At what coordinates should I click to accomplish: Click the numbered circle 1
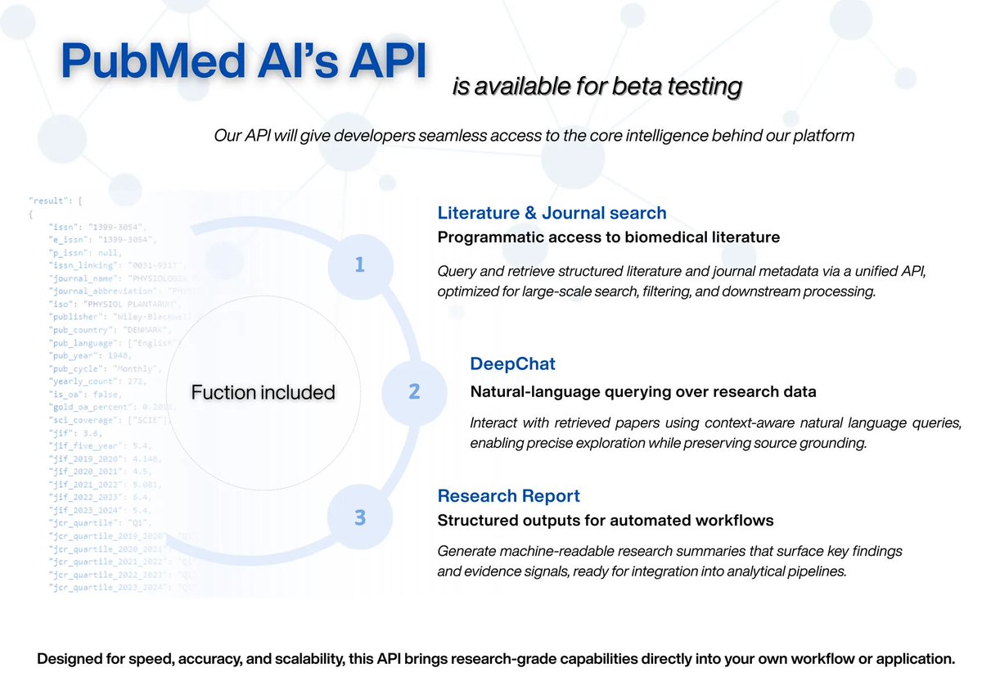(359, 265)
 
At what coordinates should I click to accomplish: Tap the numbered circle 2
(414, 391)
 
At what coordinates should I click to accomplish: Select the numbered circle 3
(359, 517)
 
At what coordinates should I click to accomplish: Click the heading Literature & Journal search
(552, 213)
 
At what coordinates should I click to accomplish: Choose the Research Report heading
(508, 496)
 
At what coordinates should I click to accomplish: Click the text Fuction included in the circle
(263, 393)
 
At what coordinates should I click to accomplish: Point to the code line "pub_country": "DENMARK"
(106, 330)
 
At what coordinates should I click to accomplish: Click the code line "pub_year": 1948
(94, 357)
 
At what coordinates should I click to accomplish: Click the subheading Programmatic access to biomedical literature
(608, 237)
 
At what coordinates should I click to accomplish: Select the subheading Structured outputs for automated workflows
(606, 521)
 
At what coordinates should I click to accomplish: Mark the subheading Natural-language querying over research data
(642, 391)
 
